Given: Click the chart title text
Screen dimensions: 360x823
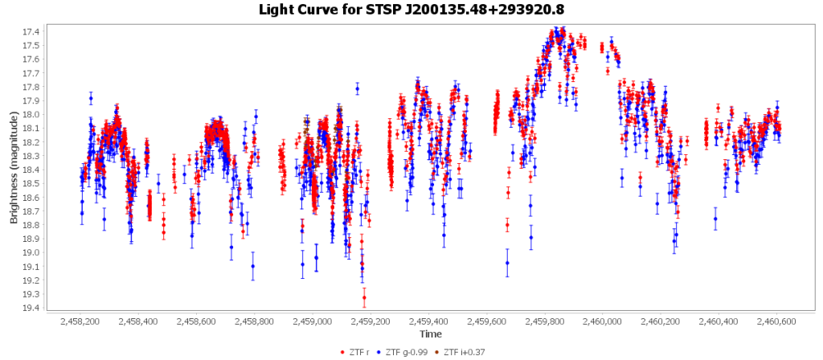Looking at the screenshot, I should click(x=411, y=10).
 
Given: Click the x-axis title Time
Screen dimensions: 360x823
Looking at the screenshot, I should click(x=430, y=333).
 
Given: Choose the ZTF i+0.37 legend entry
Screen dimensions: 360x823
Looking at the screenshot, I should click(x=465, y=351).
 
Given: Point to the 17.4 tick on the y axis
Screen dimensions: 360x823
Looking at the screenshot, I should click(x=32, y=31).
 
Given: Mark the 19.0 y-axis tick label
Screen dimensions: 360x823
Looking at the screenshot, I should click(x=32, y=252).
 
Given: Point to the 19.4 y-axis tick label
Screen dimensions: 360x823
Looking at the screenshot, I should click(x=32, y=308).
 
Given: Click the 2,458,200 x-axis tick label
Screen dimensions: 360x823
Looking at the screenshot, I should click(x=80, y=321).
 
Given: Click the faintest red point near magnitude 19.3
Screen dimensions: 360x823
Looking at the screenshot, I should click(x=364, y=297).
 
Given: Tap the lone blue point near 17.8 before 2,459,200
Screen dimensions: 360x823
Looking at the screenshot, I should click(x=358, y=88).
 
